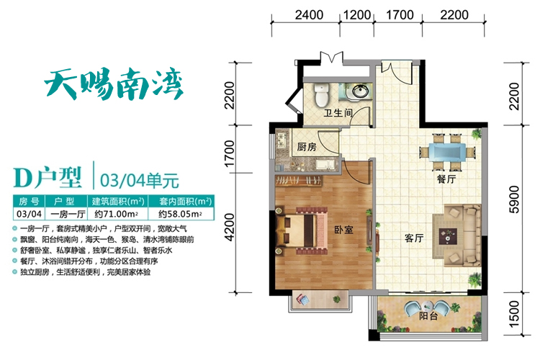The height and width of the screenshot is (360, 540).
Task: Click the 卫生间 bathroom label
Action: (338, 113)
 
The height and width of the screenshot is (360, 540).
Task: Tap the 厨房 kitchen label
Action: (307, 147)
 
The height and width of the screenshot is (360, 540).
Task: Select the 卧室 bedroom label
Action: (343, 230)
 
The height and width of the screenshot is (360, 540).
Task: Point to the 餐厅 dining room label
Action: (446, 179)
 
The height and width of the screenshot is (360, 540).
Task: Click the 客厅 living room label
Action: (414, 238)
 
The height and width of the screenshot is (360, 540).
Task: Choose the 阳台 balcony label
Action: (428, 315)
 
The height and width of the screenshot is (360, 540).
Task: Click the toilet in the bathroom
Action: (322, 94)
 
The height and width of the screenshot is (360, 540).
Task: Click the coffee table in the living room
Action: (448, 236)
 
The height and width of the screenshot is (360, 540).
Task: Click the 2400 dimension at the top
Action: (309, 15)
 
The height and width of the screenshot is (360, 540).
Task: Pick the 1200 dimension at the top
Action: (357, 15)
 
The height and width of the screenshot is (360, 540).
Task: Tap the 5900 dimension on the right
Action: (513, 199)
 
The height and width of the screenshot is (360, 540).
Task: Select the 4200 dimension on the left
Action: (229, 227)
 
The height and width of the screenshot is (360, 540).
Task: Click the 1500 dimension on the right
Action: (513, 314)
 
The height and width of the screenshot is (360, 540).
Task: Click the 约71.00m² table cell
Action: (117, 214)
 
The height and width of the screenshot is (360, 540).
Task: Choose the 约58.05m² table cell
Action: (180, 214)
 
